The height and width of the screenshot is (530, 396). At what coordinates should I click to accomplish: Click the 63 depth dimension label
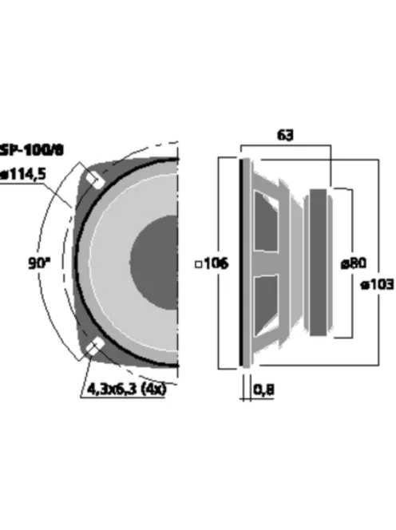pyautogui.click(x=284, y=135)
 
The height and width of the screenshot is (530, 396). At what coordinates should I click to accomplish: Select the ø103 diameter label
pyautogui.click(x=377, y=285)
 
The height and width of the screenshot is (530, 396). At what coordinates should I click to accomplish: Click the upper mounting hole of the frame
pyautogui.click(x=93, y=180)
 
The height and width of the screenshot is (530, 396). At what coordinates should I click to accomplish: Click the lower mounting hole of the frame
pyautogui.click(x=93, y=345)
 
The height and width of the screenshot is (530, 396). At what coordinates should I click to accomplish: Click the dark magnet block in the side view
pyautogui.click(x=318, y=261)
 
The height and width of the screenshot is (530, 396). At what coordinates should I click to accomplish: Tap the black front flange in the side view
pyautogui.click(x=243, y=261)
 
